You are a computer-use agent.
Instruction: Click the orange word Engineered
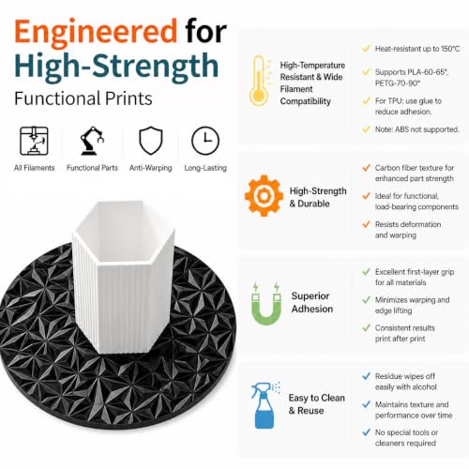coord(96,32)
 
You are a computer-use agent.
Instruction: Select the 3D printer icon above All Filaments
coord(34,141)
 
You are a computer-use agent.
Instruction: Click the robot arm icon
coord(92,141)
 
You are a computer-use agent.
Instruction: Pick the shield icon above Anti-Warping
coord(151,141)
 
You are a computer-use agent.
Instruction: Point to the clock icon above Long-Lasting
coord(205,141)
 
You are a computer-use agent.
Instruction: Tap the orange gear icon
coord(264,196)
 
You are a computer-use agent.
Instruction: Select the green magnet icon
coord(266,304)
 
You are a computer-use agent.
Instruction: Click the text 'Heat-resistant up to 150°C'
coord(417,49)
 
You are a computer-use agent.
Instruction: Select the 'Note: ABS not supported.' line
coord(417,129)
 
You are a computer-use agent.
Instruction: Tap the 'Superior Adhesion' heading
coord(312,302)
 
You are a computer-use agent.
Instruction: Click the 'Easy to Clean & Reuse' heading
coord(316,404)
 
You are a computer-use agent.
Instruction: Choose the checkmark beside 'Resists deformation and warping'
coord(366,224)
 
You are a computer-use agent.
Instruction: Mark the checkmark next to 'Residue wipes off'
coord(366,376)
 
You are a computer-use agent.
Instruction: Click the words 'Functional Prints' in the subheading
coord(83,98)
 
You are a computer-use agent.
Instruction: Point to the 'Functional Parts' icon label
coord(92,168)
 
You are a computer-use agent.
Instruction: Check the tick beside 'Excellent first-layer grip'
coord(366,272)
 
